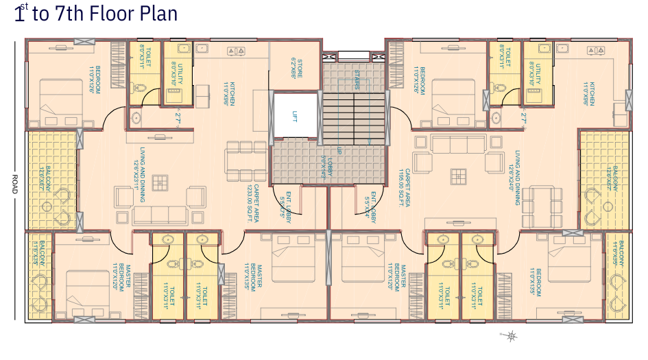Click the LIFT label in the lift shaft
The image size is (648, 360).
point(296,116)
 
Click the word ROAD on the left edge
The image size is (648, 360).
point(13,185)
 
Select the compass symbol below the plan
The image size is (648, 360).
point(511,335)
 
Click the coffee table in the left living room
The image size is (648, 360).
point(160,182)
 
